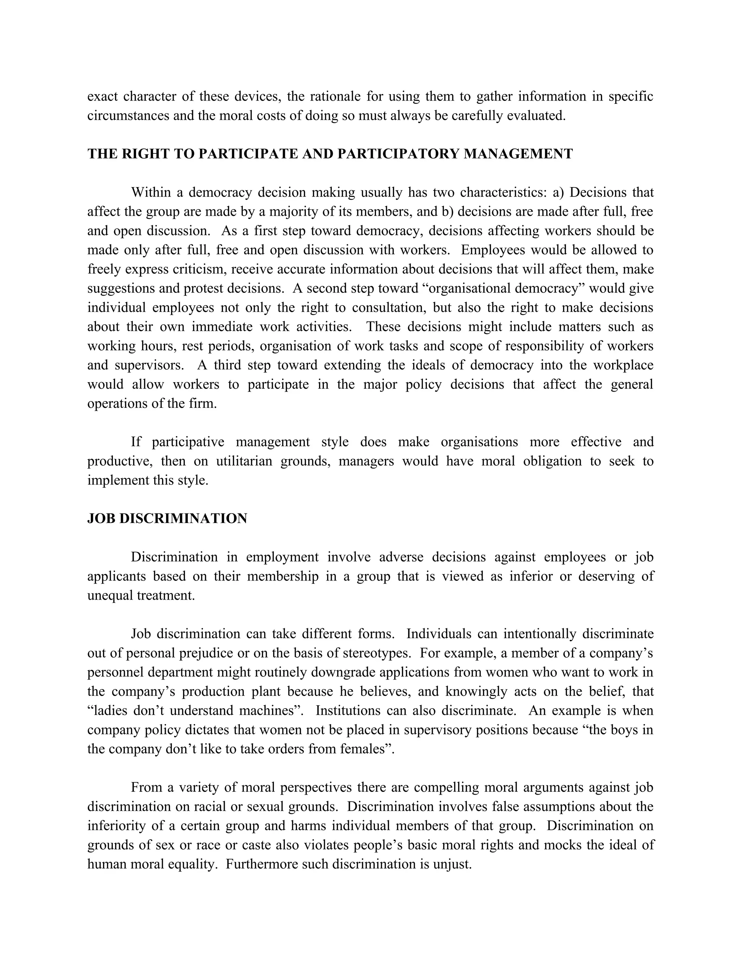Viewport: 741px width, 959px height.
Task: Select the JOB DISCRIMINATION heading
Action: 167,519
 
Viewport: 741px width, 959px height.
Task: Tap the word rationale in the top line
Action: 335,97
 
